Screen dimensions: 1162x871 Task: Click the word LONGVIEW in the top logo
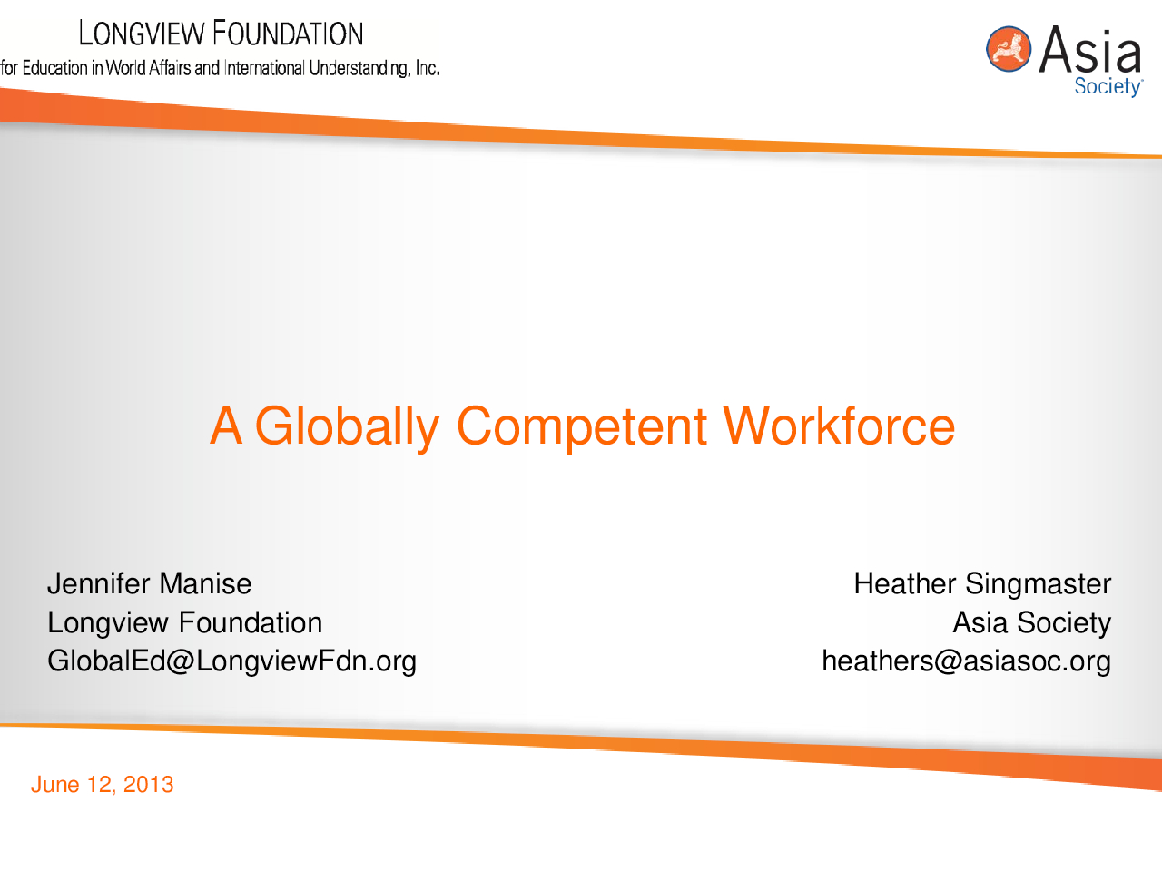(x=142, y=33)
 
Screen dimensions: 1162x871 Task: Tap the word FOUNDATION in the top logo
(x=289, y=33)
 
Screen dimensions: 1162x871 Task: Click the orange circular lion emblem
(x=1008, y=49)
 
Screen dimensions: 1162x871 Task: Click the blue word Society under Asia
(x=1108, y=87)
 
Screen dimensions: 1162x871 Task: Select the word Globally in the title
(x=348, y=427)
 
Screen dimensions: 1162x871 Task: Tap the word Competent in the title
(x=581, y=426)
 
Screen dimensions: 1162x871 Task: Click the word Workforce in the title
(x=839, y=426)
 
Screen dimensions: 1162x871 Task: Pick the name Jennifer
(x=99, y=583)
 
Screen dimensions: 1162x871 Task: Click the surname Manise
(x=205, y=583)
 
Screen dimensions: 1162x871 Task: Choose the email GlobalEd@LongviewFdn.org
(x=231, y=661)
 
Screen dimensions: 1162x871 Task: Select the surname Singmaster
(x=1039, y=584)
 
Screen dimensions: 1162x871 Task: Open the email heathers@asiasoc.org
(x=966, y=661)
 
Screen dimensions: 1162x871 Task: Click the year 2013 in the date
(x=148, y=784)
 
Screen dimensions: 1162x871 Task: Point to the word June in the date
(x=55, y=784)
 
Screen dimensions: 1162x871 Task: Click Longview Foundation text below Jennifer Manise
(x=185, y=622)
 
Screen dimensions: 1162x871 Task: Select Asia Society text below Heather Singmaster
(x=1032, y=622)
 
